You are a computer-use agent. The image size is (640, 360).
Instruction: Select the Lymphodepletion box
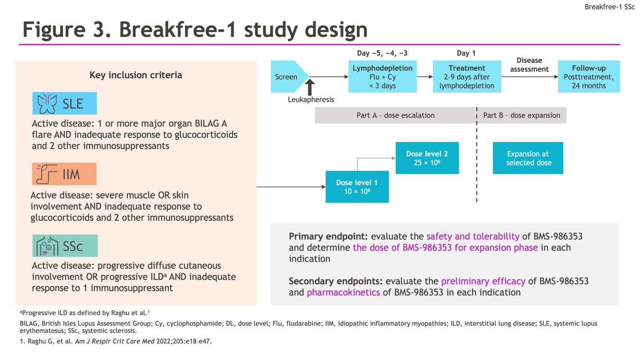coord(382,77)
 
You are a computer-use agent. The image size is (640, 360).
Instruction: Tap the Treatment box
coord(467,77)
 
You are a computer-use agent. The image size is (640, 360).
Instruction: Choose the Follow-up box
coord(589,77)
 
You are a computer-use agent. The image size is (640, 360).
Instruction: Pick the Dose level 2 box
coord(427,158)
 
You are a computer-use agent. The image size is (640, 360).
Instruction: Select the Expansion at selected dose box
coord(528,158)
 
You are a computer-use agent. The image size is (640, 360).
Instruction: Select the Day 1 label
coord(466,53)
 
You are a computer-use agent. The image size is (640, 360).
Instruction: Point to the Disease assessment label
coord(529,65)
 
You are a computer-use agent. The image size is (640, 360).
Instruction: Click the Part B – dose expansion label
coord(522,115)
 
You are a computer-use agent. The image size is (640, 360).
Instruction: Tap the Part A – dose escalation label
coord(395,115)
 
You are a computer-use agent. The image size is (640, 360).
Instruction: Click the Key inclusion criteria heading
coord(135,75)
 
